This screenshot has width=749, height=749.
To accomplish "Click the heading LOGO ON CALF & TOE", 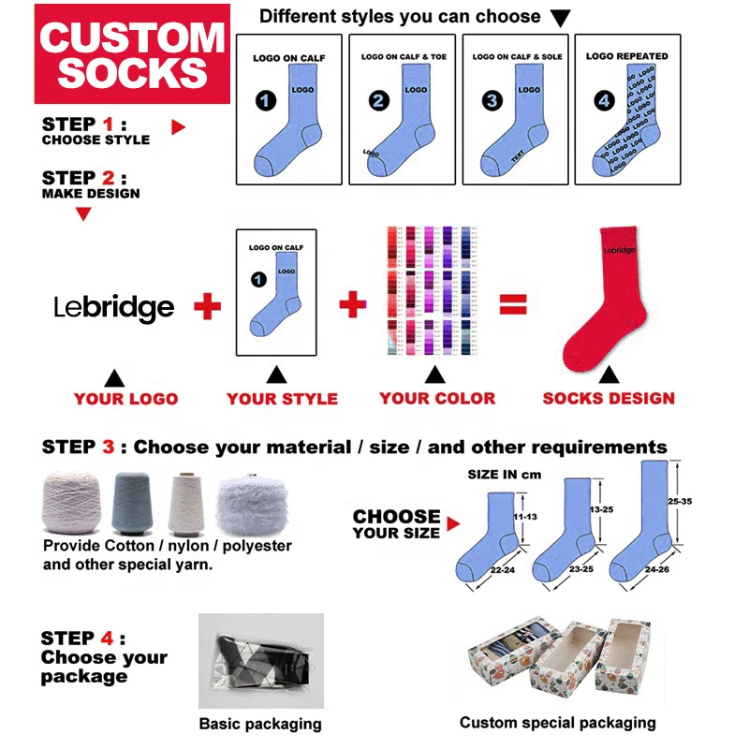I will click(x=404, y=57).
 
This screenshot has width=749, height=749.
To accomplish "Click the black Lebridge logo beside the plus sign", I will click(x=113, y=307).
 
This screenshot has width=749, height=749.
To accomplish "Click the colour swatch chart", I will click(x=433, y=290).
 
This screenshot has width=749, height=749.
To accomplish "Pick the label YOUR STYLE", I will click(x=282, y=399).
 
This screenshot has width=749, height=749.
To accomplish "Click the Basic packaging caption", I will click(x=260, y=724).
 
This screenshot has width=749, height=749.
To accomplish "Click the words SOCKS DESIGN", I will click(x=609, y=399).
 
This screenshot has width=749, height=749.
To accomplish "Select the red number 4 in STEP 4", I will click(x=109, y=639).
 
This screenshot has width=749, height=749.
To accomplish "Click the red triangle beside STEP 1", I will click(x=179, y=126).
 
